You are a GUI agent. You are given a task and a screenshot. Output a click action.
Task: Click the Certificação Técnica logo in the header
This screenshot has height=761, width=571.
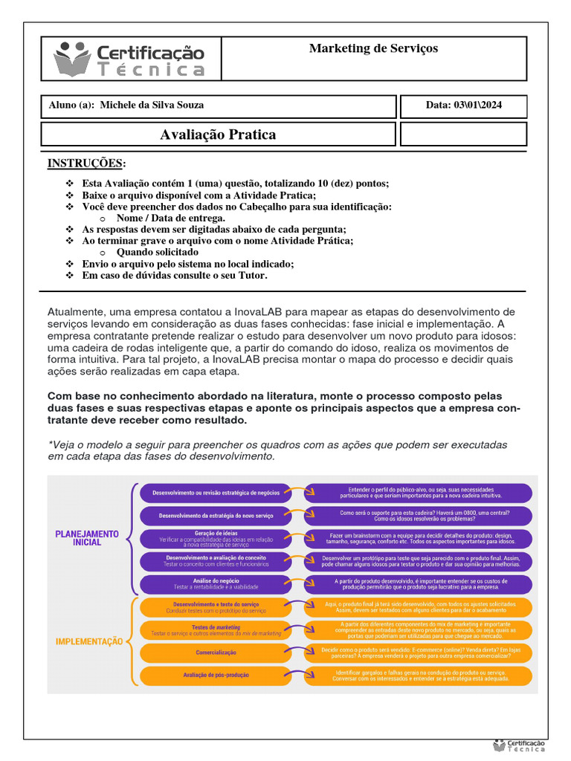(129, 59)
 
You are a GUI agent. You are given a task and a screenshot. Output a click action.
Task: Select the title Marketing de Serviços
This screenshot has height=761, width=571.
(373, 48)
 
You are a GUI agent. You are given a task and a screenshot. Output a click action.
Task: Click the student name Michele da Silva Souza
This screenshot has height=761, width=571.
(152, 105)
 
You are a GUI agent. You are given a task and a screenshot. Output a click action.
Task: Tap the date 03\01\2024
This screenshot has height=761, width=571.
(463, 105)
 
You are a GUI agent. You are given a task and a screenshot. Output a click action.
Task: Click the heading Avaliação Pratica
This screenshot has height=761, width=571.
(218, 135)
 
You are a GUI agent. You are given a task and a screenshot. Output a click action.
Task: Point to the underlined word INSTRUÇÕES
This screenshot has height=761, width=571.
(86, 163)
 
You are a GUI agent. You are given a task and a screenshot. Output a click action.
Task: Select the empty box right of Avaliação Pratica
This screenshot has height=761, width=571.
(463, 135)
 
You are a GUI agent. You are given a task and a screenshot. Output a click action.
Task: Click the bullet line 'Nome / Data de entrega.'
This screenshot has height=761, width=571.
(170, 218)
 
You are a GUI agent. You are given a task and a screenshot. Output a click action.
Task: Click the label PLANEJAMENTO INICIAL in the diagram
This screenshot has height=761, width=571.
(86, 538)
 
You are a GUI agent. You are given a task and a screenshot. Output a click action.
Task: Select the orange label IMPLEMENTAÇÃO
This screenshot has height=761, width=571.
(89, 641)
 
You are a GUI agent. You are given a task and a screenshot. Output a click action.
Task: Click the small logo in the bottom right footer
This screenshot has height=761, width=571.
(520, 746)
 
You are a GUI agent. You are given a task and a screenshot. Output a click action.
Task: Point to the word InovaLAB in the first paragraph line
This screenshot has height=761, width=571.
(251, 311)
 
